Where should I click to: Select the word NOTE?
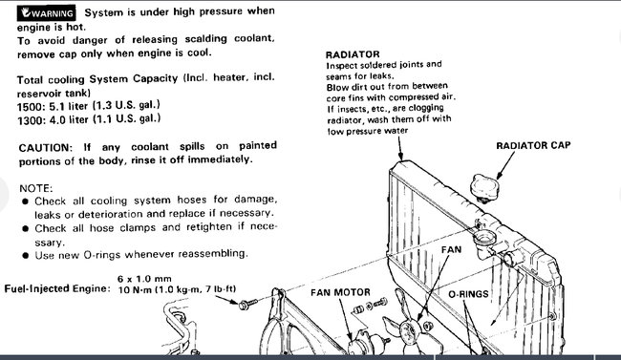[36, 187]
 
